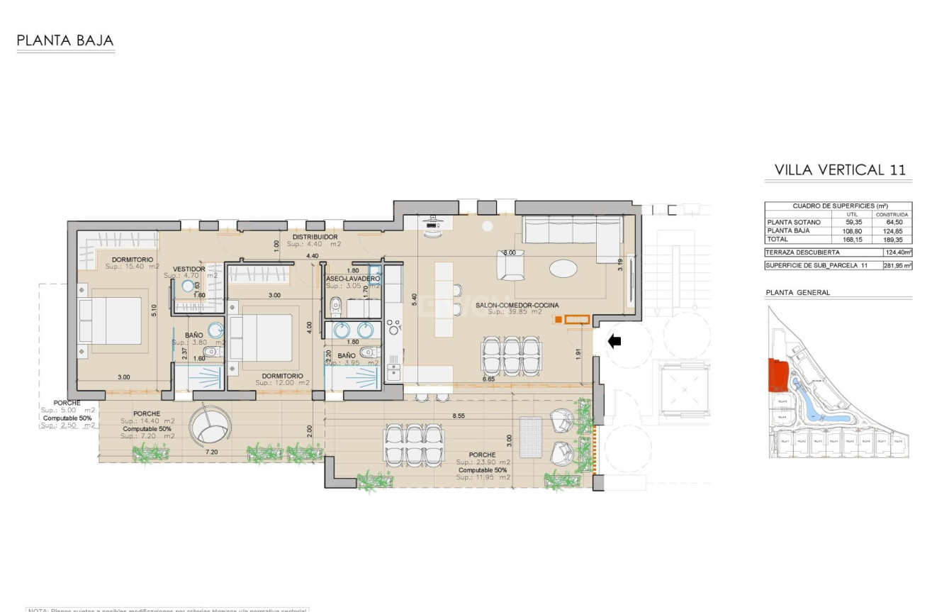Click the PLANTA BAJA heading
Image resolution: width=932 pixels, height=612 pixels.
coord(65,41)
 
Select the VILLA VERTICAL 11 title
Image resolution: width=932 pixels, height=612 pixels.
coord(840,170)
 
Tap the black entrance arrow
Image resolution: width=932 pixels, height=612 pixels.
coord(614,342)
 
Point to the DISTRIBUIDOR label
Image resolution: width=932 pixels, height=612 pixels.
coord(315,237)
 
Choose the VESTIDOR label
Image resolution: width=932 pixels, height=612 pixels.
coord(189,269)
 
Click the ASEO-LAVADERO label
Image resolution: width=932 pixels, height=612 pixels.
coord(352,279)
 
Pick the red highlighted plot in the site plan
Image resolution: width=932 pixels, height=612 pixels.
coord(778,374)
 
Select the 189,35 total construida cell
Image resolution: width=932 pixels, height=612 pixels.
coord(892,240)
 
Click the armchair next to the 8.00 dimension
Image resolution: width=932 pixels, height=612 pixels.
coord(511,267)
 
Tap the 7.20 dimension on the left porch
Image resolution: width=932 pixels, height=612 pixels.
coord(210,451)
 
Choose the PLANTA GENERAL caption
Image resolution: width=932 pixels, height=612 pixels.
coord(797,292)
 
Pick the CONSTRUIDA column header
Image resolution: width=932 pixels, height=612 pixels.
coord(892,213)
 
